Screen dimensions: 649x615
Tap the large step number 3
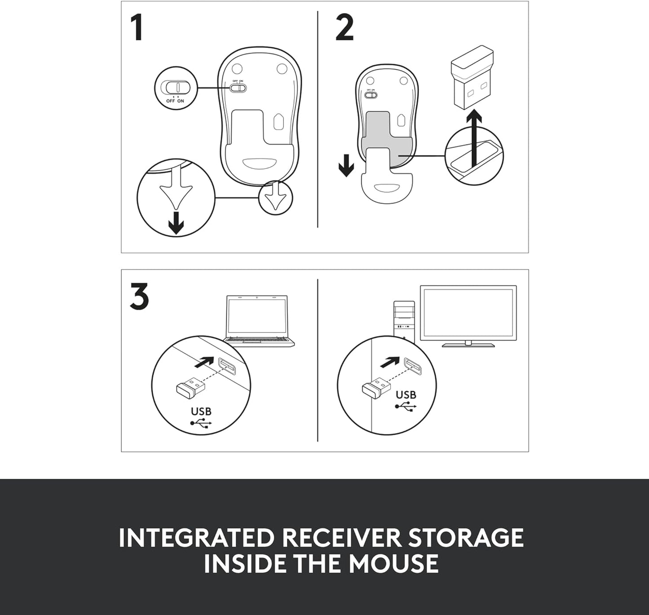pyautogui.click(x=139, y=296)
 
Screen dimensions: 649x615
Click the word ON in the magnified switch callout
pyautogui.click(x=181, y=101)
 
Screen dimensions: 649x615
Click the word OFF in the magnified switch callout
pyautogui.click(x=170, y=101)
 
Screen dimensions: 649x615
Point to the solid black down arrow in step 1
pyautogui.click(x=176, y=223)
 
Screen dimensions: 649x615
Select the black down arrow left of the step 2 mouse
pyautogui.click(x=346, y=165)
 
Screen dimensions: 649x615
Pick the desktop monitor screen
pyautogui.click(x=468, y=313)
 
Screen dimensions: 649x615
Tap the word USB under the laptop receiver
pyautogui.click(x=201, y=411)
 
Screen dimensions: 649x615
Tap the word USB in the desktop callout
pyautogui.click(x=406, y=395)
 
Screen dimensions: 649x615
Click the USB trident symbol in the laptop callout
pyautogui.click(x=201, y=424)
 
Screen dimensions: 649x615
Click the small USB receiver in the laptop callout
pyautogui.click(x=191, y=386)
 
